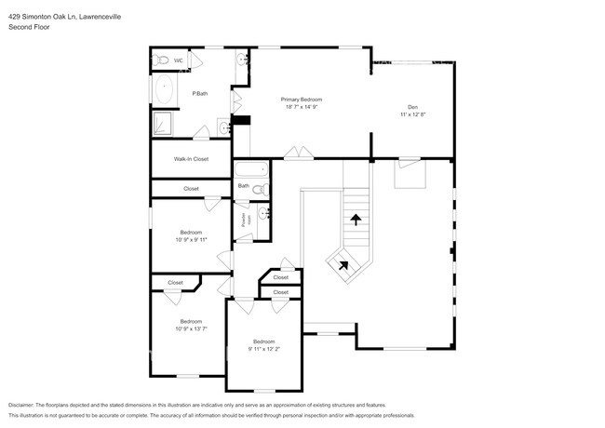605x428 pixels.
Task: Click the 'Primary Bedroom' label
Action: pyautogui.click(x=302, y=99)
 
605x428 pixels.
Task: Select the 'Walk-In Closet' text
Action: pyautogui.click(x=191, y=159)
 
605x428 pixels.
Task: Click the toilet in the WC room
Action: pyautogui.click(x=160, y=60)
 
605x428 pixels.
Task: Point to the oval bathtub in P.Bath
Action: pyautogui.click(x=165, y=90)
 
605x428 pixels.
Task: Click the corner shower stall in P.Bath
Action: pyautogui.click(x=162, y=125)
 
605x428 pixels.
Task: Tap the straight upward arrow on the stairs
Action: pyautogui.click(x=355, y=221)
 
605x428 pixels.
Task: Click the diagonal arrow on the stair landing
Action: pyautogui.click(x=342, y=264)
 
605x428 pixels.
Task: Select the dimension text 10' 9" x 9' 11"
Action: pyautogui.click(x=191, y=239)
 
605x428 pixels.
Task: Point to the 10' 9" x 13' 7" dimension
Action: pyautogui.click(x=191, y=328)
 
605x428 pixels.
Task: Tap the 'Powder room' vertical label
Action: pyautogui.click(x=247, y=220)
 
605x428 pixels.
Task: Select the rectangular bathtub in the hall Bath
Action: pyautogui.click(x=250, y=170)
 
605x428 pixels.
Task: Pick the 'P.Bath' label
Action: pyautogui.click(x=199, y=94)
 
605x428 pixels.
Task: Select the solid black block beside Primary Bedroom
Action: pyautogui.click(x=241, y=119)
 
